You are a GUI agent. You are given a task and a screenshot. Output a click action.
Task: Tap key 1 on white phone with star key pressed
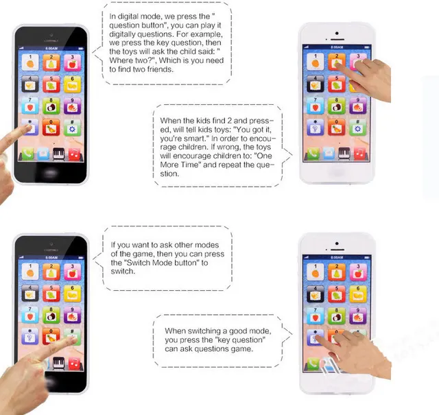(316, 272)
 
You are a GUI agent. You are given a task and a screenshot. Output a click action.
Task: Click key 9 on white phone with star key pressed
(357, 315)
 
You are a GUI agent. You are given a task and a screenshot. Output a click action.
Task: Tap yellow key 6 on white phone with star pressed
(357, 294)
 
